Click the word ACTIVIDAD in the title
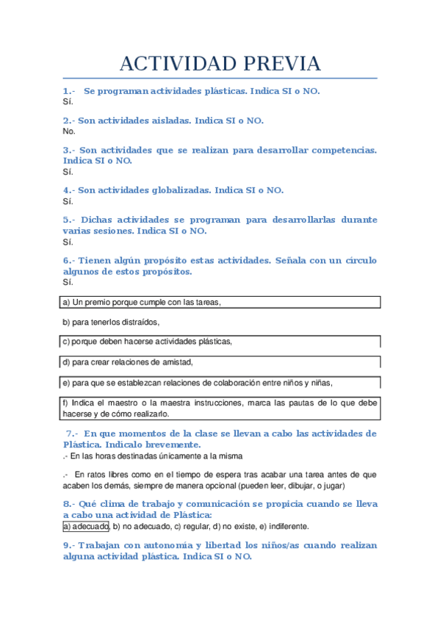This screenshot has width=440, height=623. coord(173,64)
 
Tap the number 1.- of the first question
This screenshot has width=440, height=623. coord(69,91)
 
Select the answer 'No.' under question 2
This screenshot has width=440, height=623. coord(69,132)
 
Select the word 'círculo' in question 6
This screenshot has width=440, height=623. coord(356,260)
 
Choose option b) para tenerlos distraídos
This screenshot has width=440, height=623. coord(110,322)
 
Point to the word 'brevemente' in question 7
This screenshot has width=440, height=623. coord(169,444)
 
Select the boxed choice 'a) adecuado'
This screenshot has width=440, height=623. coord(86,526)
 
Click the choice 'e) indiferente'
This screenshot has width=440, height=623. coord(284,526)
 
